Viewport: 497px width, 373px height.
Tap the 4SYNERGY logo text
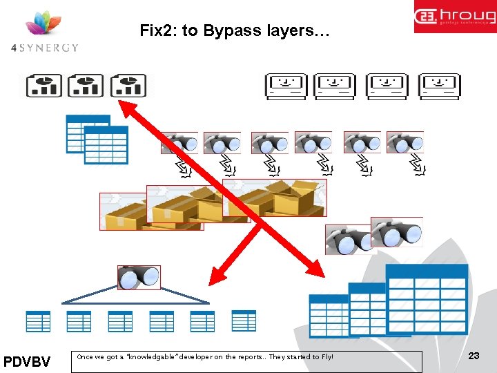(45, 48)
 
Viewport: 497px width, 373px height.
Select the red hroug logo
(455, 17)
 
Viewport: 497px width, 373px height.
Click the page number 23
(474, 356)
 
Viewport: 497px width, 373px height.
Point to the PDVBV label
(27, 361)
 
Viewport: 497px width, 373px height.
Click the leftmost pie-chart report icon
(44, 86)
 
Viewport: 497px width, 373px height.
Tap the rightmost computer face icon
(440, 87)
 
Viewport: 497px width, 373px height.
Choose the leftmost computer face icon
(287, 87)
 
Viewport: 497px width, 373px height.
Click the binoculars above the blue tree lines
(139, 278)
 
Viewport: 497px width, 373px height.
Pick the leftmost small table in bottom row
(38, 321)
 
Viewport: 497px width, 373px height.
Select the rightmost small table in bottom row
(244, 321)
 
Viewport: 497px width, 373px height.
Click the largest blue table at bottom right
(426, 298)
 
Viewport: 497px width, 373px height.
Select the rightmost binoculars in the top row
(405, 143)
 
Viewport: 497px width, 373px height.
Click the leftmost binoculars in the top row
(179, 143)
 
